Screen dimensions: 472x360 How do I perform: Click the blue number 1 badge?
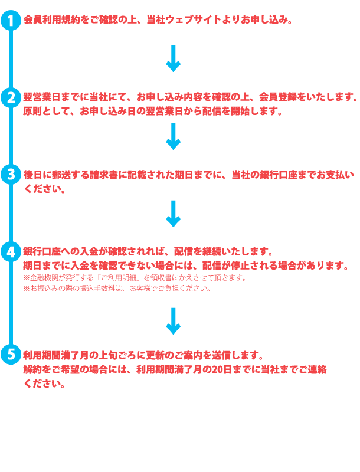point(11,21)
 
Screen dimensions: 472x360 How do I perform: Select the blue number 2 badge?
point(11,97)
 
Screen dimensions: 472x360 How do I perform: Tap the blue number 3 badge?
point(11,175)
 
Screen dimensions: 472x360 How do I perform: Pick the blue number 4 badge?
point(11,252)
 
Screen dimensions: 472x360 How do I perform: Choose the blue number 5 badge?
point(11,353)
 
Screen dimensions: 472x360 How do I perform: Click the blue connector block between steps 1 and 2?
point(173,58)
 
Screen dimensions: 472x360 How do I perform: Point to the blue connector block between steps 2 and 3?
point(173,136)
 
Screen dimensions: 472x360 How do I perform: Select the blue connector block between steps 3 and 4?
point(173,217)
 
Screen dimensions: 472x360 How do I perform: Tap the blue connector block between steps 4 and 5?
point(173,320)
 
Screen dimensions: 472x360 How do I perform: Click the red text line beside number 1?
point(159,21)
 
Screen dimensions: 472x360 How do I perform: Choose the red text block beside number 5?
point(174,369)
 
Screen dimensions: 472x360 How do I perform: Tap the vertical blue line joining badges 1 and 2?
point(11,59)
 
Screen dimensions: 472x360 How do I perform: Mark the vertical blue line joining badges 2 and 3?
point(11,136)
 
